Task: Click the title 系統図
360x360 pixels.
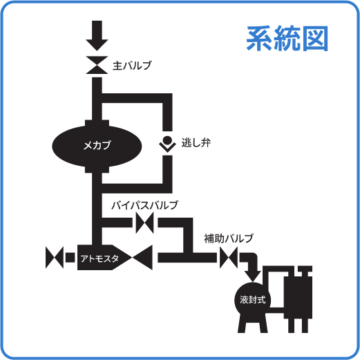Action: pos(287,39)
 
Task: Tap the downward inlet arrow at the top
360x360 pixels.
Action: pos(97,31)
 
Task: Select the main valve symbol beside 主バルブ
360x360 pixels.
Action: pos(97,65)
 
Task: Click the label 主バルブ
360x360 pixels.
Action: pos(132,66)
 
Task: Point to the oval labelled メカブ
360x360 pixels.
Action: pos(97,144)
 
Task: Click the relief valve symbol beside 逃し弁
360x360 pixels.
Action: pos(167,144)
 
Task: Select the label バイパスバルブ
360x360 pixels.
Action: pos(144,205)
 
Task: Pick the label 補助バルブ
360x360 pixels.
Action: pos(228,238)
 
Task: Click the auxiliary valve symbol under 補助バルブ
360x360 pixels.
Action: pos(228,259)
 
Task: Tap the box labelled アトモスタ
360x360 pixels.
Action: pos(100,259)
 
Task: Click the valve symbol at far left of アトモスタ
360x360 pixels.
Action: pos(53,259)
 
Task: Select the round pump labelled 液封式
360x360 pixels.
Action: pos(253,299)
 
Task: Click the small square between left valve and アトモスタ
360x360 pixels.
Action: pos(70,259)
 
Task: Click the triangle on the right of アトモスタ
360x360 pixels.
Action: pos(144,259)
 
